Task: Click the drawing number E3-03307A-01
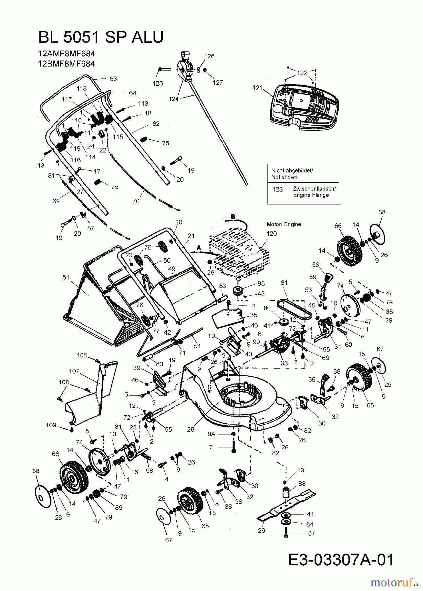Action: (x=341, y=560)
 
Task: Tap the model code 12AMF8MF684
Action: (x=64, y=54)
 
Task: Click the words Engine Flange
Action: (x=311, y=195)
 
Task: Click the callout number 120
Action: (x=272, y=234)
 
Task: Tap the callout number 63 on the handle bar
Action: (x=113, y=79)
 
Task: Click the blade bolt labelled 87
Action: (x=285, y=533)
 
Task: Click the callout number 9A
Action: (x=211, y=434)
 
